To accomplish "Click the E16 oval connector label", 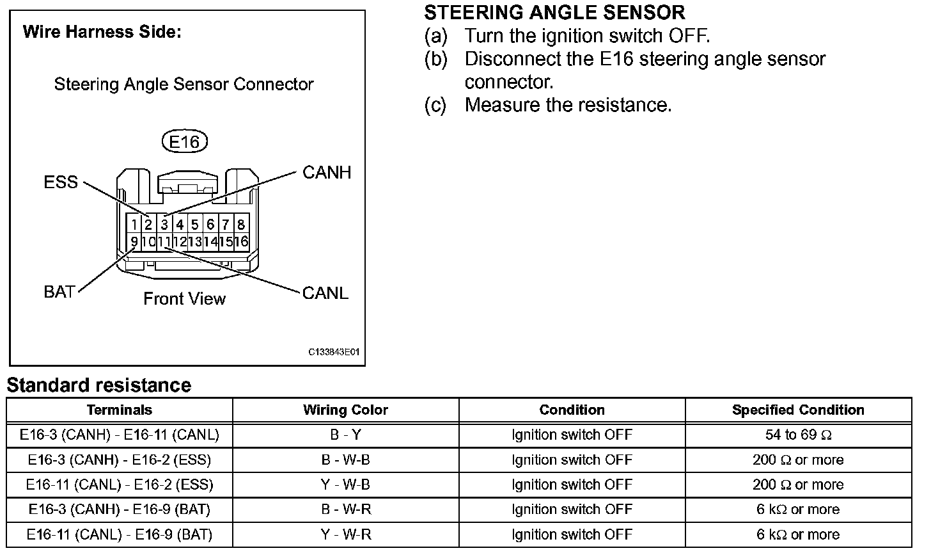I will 185,142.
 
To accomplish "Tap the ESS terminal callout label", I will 61,182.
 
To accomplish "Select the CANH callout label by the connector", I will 327,173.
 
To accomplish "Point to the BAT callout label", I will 59,292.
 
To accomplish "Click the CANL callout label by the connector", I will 325,293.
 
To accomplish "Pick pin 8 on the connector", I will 241,225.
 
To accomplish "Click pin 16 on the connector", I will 241,242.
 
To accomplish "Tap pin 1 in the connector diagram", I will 133,225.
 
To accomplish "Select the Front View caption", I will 184,299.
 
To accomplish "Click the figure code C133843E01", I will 334,352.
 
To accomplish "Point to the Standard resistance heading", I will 99,385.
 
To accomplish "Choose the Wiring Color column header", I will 345,410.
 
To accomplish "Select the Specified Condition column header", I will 798,410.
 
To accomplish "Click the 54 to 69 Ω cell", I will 798,435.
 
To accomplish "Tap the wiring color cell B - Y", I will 345,435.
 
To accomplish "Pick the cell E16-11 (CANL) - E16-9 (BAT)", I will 120,534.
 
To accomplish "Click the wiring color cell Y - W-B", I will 345,485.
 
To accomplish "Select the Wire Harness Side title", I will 102,33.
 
